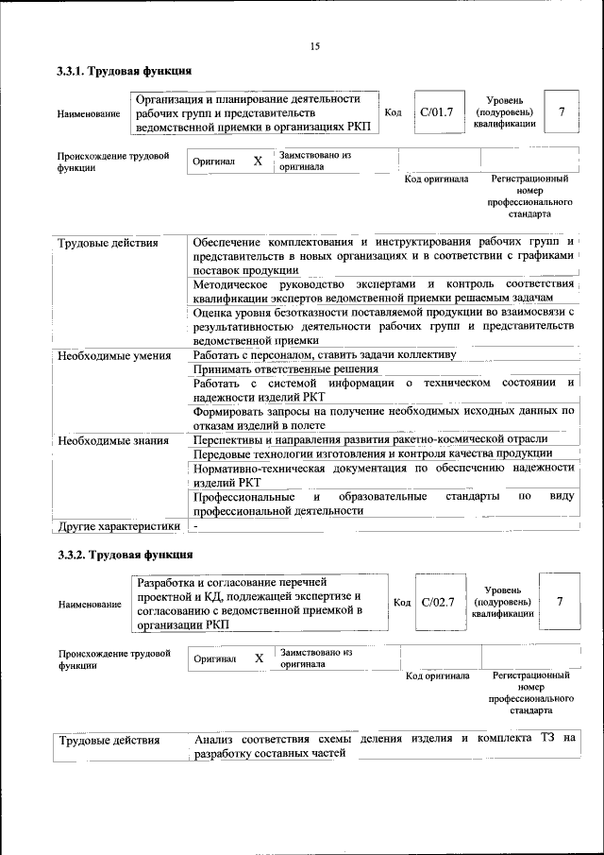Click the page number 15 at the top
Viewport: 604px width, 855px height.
point(315,46)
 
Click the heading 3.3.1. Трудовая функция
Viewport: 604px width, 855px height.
point(125,71)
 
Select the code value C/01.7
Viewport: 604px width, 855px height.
point(436,112)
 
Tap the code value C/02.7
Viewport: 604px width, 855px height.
point(438,601)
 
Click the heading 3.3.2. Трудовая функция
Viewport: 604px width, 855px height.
point(125,555)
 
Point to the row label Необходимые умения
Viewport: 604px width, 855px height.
point(114,356)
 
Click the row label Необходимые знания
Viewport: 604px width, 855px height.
point(113,440)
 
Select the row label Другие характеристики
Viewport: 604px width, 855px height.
point(118,525)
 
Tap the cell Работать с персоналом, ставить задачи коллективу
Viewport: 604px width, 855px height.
point(324,355)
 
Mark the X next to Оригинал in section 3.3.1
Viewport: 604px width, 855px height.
point(258,162)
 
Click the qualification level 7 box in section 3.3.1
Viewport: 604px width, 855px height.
point(562,112)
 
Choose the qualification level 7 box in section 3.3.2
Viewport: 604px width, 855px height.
point(561,601)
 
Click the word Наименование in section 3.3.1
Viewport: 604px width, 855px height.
point(89,114)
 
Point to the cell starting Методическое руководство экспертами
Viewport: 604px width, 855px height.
point(383,290)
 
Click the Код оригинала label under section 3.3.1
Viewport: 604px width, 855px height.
point(436,179)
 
